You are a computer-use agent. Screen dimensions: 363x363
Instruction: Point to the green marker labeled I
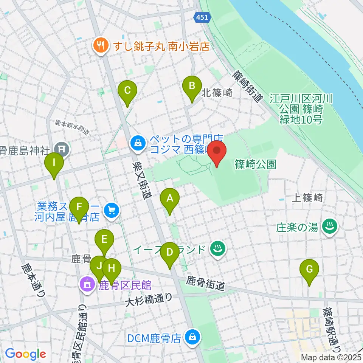coord(54,163)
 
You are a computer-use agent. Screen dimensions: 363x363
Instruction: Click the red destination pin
coord(217,151)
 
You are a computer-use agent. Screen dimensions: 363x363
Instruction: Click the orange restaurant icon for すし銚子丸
coord(100,47)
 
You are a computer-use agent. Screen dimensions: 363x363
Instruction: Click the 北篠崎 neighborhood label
coord(217,93)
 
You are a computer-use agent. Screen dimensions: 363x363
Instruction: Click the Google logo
coord(25,354)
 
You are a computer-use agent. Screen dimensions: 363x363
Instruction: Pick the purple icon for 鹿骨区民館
coord(87,284)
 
